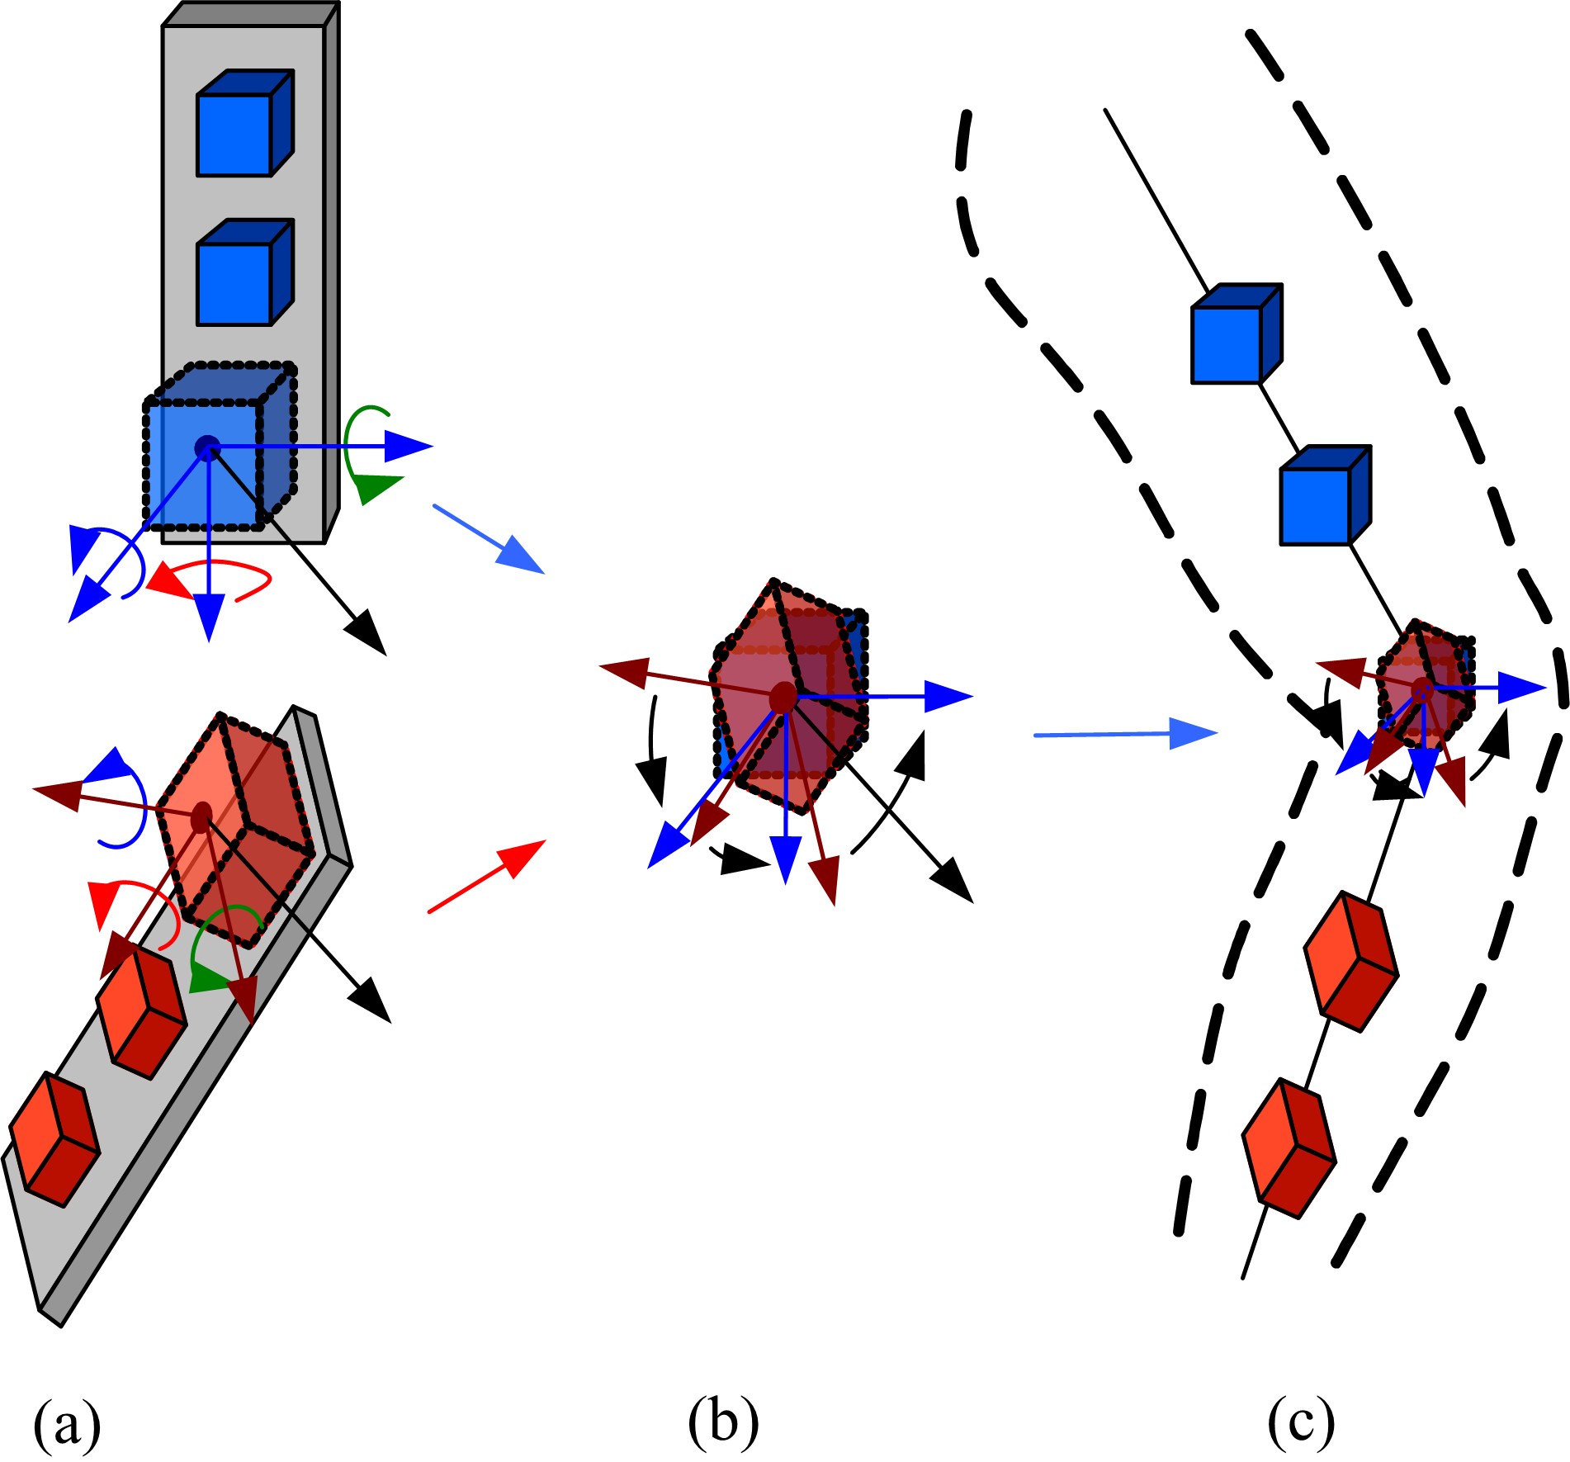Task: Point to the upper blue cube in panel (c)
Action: pyautogui.click(x=1235, y=334)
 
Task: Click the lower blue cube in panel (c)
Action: pyautogui.click(x=1324, y=496)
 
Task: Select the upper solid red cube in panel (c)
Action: pyautogui.click(x=1350, y=962)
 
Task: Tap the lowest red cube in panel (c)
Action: pyautogui.click(x=1289, y=1148)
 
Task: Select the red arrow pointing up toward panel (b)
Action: pyautogui.click(x=487, y=876)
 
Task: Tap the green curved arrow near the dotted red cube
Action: pyautogui.click(x=220, y=949)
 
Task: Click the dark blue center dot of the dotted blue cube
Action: pyautogui.click(x=206, y=447)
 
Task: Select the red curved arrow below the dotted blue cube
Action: pyautogui.click(x=210, y=575)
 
